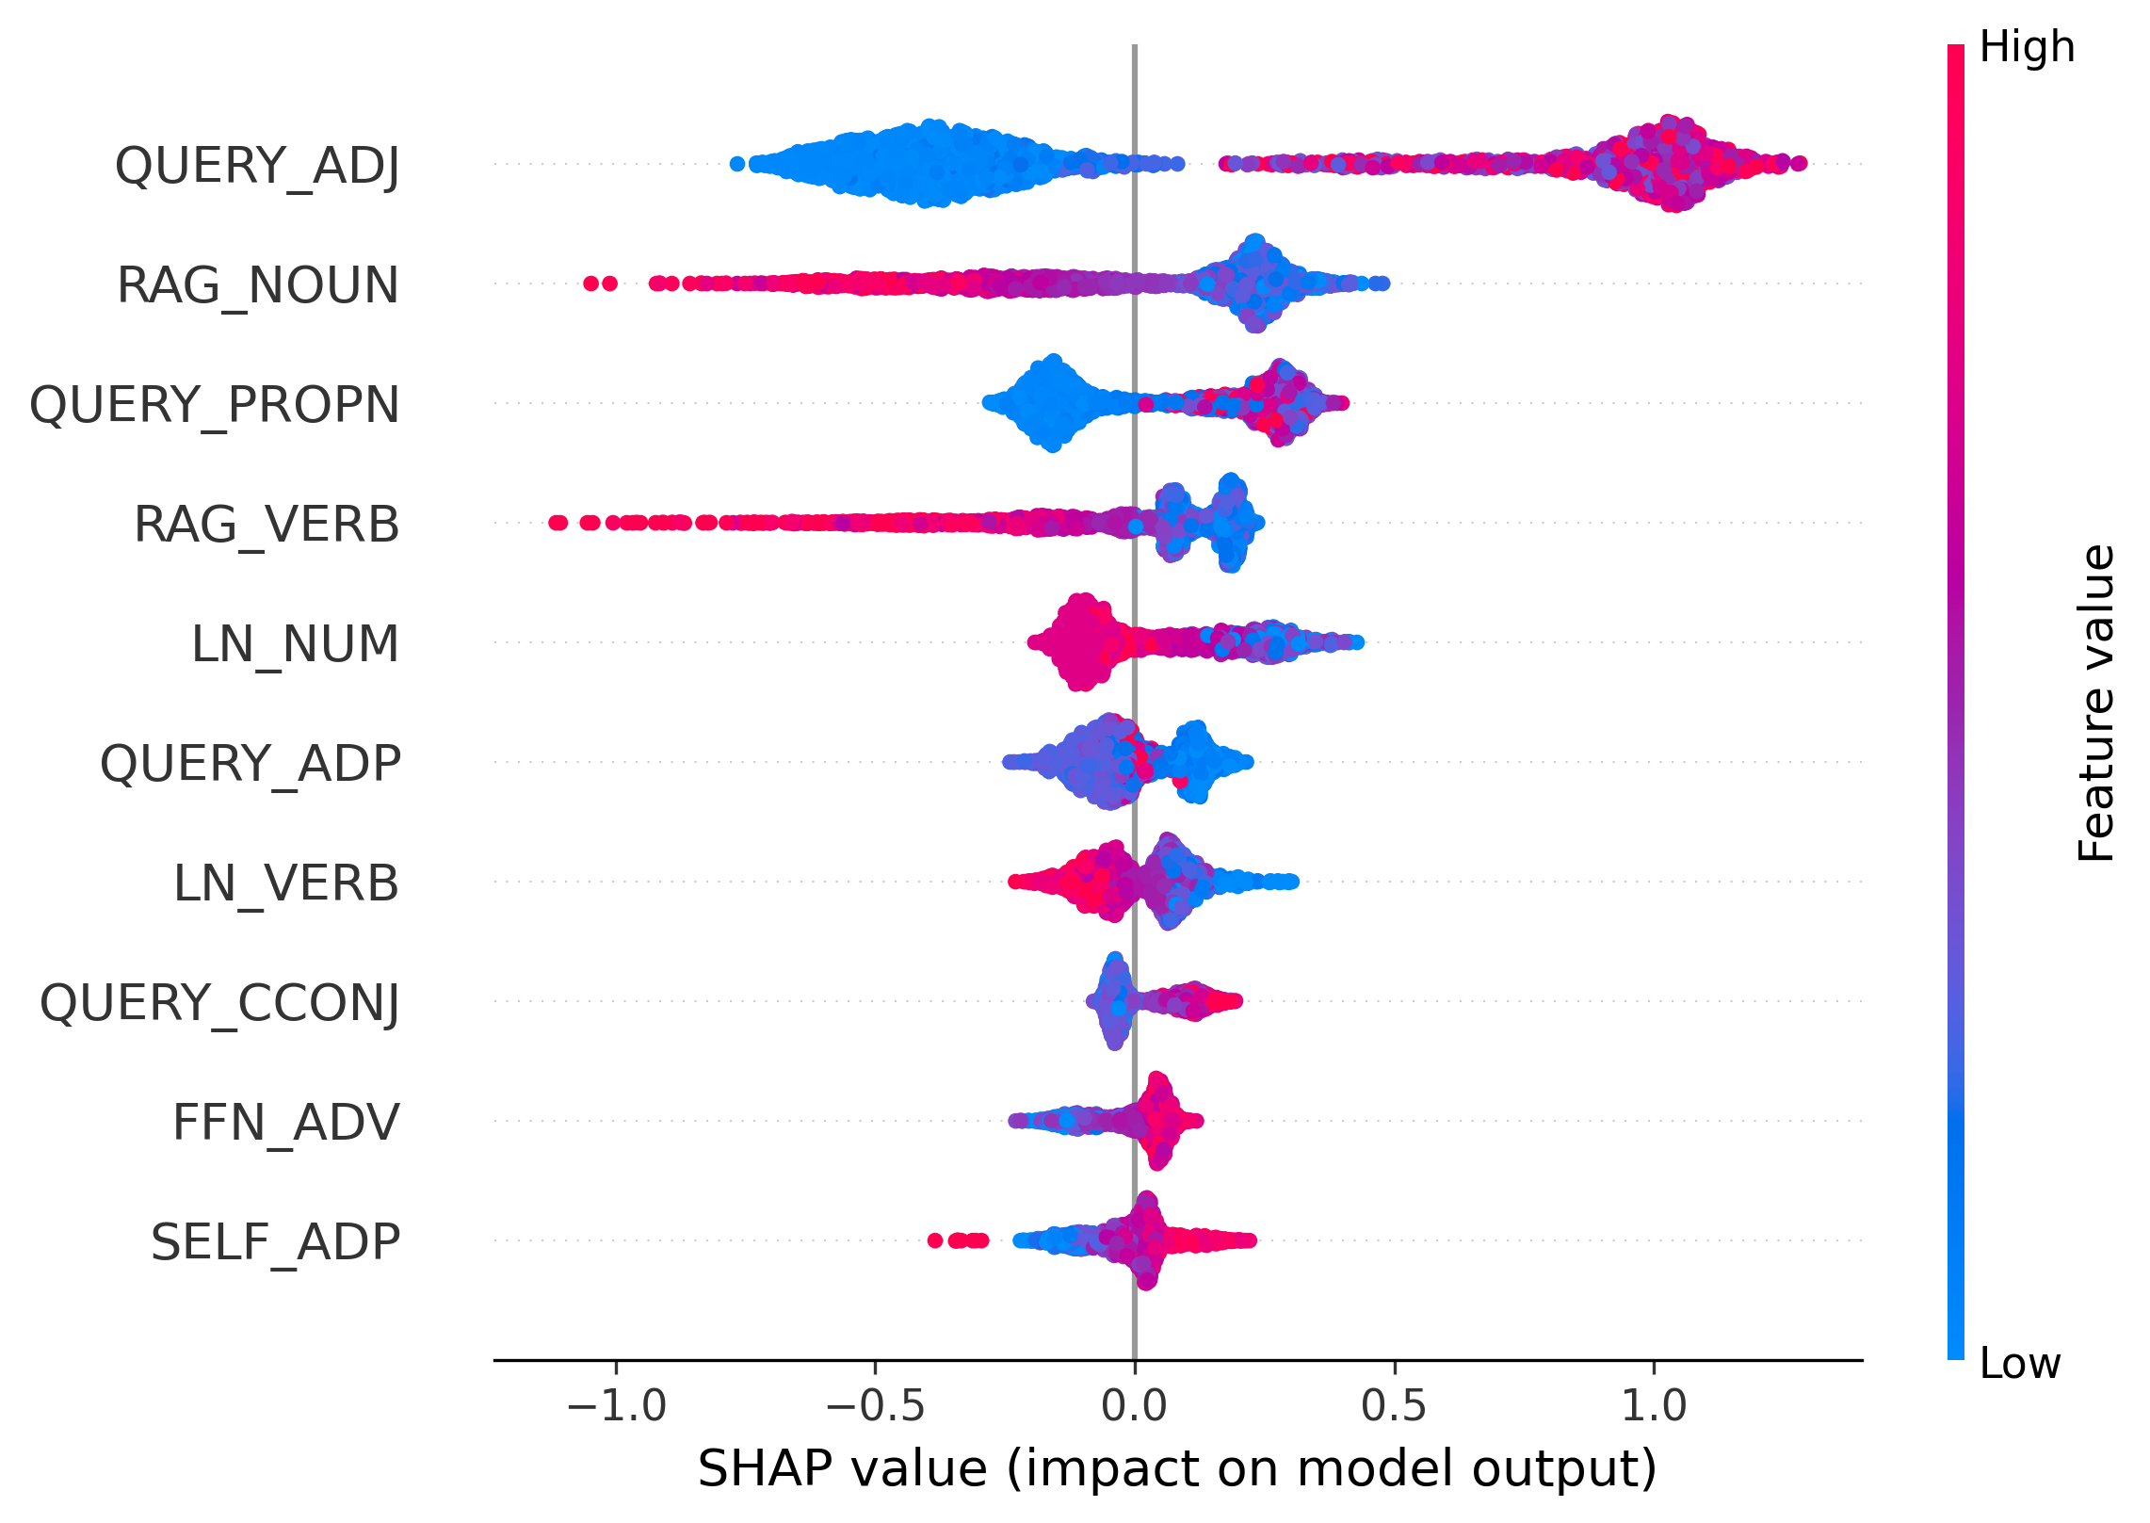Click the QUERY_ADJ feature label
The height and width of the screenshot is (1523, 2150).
257,166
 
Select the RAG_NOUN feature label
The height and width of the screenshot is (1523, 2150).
257,285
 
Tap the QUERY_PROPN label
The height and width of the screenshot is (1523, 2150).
215,405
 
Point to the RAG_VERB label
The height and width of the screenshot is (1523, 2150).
267,525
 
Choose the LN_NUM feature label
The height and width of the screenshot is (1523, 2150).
295,644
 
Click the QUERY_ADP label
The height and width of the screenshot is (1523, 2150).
251,764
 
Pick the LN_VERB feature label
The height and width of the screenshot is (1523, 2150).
286,883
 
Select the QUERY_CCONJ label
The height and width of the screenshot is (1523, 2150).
219,1003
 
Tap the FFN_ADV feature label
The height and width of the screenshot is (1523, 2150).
286,1123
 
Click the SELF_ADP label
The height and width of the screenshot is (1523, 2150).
275,1242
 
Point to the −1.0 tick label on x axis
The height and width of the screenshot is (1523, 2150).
617,1407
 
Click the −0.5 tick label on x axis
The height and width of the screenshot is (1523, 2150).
875,1407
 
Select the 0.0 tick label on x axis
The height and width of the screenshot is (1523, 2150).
1134,1407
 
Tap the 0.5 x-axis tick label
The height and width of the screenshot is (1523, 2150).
1394,1407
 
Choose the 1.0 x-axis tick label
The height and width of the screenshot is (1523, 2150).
1653,1407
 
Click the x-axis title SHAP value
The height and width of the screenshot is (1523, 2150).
1177,1470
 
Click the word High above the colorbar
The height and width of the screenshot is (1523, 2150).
2027,47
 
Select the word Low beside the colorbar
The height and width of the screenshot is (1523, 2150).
2020,1363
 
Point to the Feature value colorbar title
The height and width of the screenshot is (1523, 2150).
2096,703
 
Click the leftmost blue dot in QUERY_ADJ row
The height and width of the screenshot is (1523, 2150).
737,164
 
